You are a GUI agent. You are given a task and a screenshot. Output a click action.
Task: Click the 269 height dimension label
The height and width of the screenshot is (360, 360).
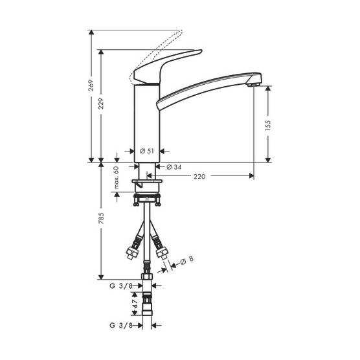point(91,85)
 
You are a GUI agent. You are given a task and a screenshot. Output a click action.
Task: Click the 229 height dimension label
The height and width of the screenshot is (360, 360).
point(101,104)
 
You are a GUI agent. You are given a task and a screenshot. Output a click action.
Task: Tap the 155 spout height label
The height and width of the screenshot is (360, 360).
point(267,126)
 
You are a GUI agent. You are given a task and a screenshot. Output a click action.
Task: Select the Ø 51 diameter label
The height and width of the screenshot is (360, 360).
point(147,151)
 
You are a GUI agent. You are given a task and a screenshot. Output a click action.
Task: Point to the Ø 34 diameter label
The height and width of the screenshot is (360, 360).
point(174,167)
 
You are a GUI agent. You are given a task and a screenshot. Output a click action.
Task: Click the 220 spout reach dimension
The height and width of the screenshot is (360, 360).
point(199,176)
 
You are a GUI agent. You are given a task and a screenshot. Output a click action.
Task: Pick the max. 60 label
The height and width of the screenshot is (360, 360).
point(117,177)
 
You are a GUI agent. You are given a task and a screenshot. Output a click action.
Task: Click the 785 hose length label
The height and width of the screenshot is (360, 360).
point(101,219)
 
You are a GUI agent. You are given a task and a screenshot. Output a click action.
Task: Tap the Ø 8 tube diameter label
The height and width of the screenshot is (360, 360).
point(187,260)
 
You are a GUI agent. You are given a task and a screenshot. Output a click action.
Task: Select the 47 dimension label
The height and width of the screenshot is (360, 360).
point(135,304)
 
